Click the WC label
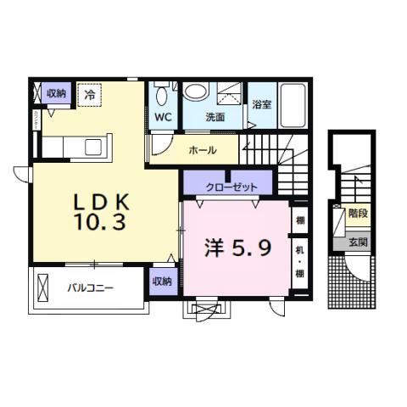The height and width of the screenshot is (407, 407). (163, 117)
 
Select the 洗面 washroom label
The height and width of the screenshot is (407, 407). (215, 117)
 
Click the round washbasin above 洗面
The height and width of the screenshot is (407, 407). (196, 91)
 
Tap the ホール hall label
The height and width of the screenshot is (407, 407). (202, 150)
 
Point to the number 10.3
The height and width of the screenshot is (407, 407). (99, 223)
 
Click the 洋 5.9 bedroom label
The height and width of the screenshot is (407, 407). (237, 248)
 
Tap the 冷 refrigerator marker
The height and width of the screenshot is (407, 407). (89, 95)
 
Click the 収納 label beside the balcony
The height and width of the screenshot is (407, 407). (162, 282)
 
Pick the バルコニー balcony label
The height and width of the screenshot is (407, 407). (91, 288)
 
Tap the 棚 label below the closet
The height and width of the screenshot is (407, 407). (299, 220)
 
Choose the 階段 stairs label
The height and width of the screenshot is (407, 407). (357, 214)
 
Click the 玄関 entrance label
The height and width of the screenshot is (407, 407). (357, 243)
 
